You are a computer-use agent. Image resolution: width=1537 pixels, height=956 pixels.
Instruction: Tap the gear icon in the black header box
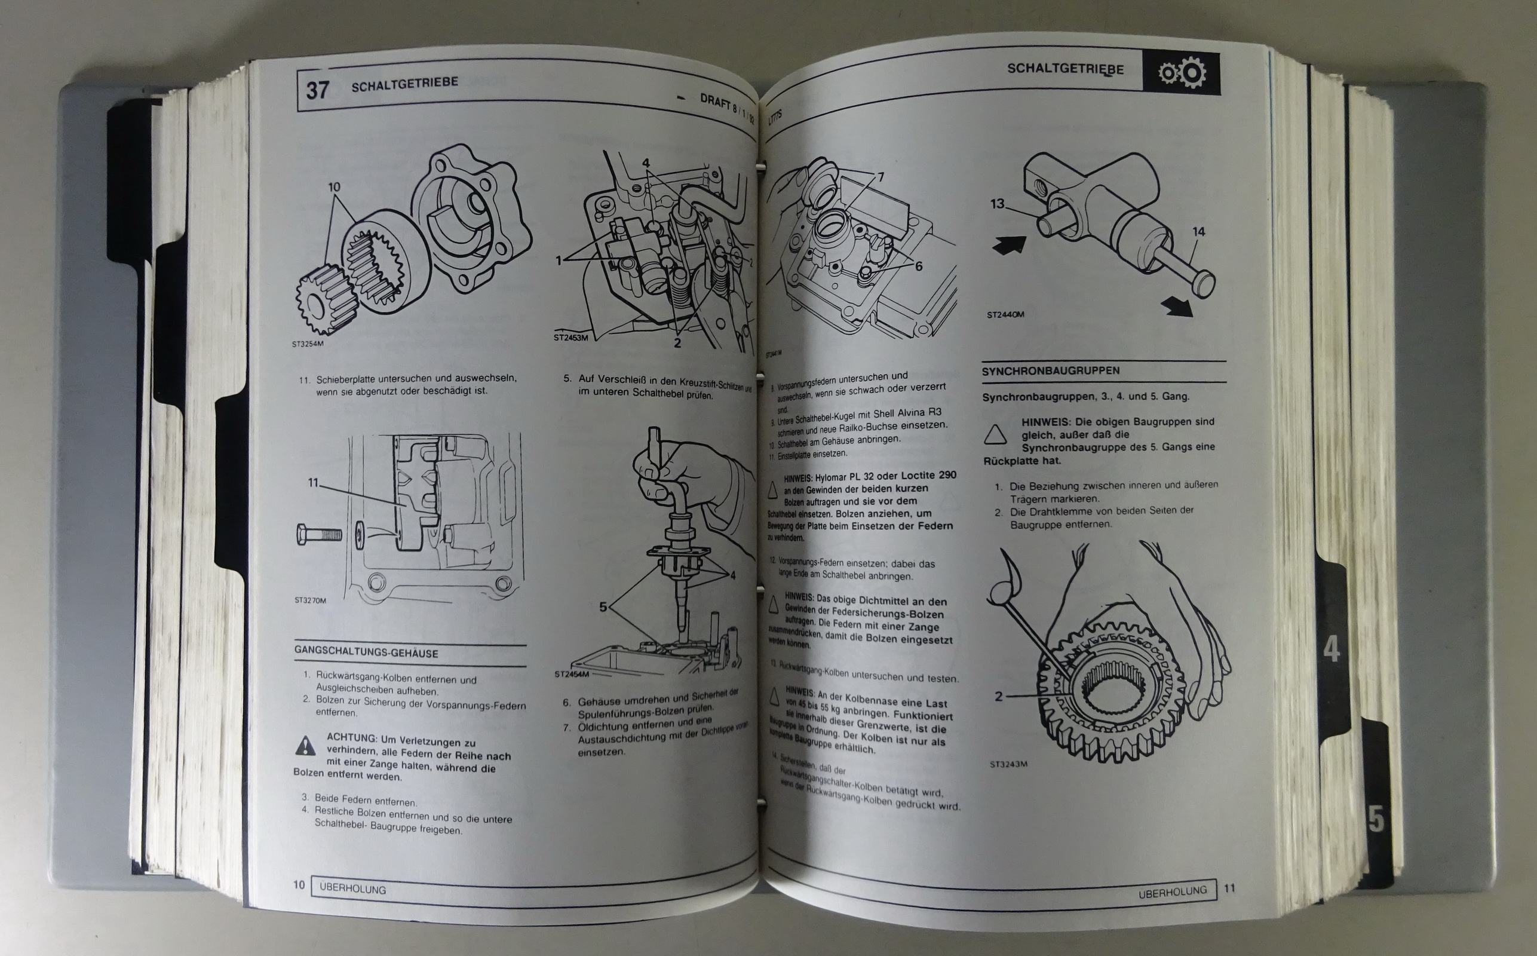1181,73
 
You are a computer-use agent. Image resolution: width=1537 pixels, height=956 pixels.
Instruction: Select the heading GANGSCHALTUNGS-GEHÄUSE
366,652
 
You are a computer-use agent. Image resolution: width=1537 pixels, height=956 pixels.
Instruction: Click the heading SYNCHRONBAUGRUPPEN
1050,371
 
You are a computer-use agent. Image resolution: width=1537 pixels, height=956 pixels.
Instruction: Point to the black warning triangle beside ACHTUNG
305,746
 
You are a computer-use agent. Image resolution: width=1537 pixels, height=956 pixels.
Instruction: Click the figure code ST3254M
308,345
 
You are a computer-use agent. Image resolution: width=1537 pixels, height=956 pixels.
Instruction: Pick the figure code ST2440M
1005,314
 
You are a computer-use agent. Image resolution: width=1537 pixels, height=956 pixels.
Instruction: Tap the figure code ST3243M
1008,764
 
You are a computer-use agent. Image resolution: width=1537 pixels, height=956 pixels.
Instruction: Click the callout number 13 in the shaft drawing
996,204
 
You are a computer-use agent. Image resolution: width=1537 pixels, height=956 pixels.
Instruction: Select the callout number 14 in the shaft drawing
1198,232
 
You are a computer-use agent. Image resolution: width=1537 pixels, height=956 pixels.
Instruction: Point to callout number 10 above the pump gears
334,187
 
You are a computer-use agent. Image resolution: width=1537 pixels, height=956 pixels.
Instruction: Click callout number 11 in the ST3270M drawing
314,482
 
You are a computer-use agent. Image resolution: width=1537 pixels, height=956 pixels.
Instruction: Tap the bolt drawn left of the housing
318,535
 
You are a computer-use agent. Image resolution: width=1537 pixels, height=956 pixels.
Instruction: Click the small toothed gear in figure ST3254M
325,300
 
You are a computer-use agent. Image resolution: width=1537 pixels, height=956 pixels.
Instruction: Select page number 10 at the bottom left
299,884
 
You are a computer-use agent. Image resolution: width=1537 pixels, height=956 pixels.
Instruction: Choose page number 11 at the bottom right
1229,888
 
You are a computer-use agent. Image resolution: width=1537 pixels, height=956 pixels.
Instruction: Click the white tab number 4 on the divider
1331,649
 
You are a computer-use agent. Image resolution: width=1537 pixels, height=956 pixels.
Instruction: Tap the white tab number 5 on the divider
1375,819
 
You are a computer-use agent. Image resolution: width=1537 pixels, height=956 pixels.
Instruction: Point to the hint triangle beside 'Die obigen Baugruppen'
995,435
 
